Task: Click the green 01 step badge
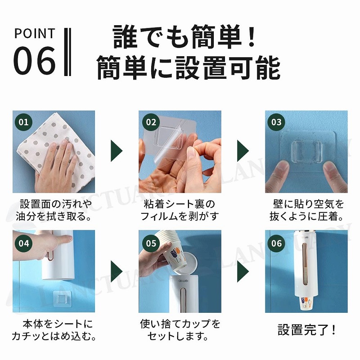point(23,122)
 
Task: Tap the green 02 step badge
point(151,122)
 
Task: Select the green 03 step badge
point(276,122)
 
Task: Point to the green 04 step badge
point(23,243)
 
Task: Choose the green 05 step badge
point(151,243)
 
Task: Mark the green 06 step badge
point(276,243)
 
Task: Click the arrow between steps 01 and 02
point(117,151)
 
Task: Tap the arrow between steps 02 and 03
point(243,151)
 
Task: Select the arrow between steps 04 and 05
point(117,271)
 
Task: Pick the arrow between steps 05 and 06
point(243,271)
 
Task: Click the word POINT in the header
point(35,33)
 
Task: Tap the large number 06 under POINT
point(35,60)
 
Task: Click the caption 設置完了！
point(307,330)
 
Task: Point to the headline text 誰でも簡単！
point(184,37)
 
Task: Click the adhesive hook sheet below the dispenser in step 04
point(61,299)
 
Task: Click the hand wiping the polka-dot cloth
point(55,166)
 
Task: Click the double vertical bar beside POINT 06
point(67,52)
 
